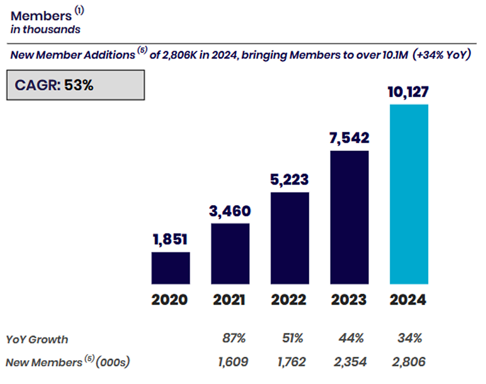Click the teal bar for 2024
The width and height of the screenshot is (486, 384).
coord(409,194)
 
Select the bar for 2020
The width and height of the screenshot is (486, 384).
coord(170,268)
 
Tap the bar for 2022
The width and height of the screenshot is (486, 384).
coord(290,238)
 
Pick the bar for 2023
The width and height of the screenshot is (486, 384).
coord(349,217)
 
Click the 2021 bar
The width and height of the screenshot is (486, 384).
coord(230,253)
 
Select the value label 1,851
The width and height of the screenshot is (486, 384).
coord(170,240)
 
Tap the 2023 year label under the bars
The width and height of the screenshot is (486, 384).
coord(349,300)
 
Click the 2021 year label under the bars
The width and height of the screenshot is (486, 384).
coord(230,300)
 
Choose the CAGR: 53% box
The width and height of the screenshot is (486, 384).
coord(75,85)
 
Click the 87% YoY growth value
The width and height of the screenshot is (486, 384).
coord(234,339)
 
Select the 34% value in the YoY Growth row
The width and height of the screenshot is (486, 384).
coord(410,339)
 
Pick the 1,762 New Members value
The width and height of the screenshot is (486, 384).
coord(293,362)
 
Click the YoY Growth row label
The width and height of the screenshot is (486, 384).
coord(37,340)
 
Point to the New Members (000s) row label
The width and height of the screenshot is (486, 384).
coord(67,362)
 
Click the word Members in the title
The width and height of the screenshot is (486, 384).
coord(41,16)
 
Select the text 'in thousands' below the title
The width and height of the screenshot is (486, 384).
coord(45,29)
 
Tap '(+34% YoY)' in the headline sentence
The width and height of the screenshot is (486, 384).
coord(442,56)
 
